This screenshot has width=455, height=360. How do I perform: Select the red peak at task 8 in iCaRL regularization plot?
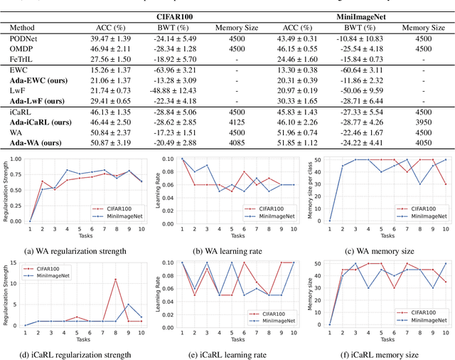(115, 280)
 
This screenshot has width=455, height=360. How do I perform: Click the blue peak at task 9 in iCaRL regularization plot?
(128, 305)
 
